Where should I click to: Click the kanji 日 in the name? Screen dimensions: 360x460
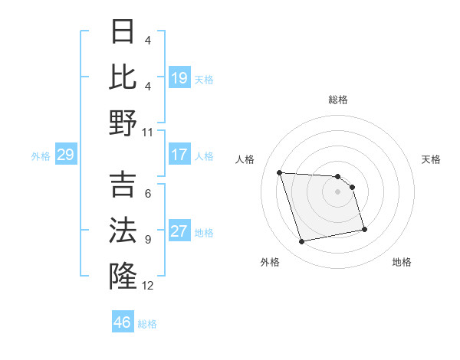click(123, 33)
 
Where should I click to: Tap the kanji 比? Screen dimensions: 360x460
click(123, 77)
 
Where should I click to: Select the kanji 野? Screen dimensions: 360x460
click(123, 123)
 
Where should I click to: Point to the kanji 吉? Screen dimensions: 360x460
click(123, 186)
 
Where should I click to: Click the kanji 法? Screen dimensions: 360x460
click(123, 231)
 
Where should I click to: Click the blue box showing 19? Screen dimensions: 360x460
click(179, 78)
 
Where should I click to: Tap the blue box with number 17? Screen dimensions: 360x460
click(179, 155)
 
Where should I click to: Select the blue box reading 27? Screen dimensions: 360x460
click(179, 232)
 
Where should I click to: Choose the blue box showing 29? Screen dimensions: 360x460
click(65, 155)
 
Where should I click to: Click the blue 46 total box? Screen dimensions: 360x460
click(123, 322)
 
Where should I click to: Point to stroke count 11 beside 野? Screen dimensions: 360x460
click(148, 132)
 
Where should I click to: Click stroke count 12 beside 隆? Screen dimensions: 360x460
click(148, 286)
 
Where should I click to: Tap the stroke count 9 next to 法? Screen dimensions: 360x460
click(147, 240)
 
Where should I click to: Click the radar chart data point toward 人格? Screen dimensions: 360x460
click(280, 172)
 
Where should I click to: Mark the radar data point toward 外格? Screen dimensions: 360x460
click(302, 242)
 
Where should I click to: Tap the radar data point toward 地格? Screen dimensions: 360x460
click(364, 229)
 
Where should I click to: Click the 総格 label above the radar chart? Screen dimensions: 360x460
click(338, 100)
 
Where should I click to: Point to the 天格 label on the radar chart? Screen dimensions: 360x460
click(432, 159)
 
